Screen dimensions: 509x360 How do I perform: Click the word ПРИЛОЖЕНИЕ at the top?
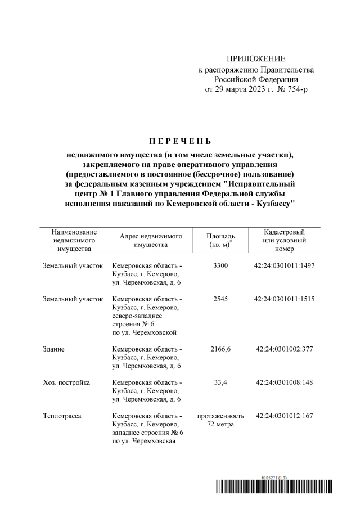[256, 59]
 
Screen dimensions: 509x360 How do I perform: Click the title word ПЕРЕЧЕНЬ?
[180, 140]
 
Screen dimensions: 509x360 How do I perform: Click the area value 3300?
[220, 265]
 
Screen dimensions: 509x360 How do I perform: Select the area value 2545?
[220, 299]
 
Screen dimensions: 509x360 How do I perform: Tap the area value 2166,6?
[220, 349]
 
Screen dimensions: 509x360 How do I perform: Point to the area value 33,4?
[220, 382]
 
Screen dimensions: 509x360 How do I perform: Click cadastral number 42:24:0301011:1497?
[284, 265]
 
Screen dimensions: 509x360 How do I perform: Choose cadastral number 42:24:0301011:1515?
[284, 299]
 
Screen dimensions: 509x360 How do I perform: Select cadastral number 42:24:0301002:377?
[284, 349]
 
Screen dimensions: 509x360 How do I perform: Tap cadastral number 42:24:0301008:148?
[284, 382]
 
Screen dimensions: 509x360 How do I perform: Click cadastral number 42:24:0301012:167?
[284, 416]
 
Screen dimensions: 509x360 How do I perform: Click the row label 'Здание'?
[53, 349]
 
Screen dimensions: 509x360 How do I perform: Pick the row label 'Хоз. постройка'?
[66, 382]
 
